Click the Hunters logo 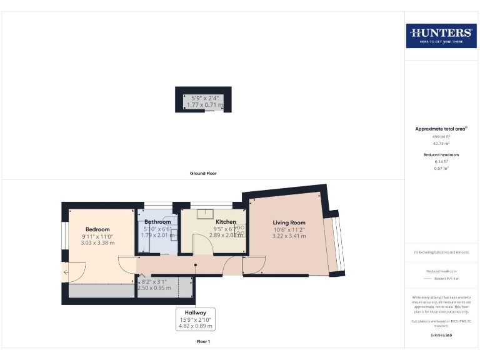coord(441,35)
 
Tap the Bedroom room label coord(97,229)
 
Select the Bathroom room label coord(157,222)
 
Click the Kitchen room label coord(226,222)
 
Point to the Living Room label coord(289,222)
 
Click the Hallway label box coord(195,319)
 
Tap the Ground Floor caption coord(203,173)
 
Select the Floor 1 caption coord(203,342)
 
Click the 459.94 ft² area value coord(441,136)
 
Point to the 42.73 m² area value coord(441,143)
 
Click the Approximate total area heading coord(441,129)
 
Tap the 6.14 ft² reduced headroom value coord(441,161)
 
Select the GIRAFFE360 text coord(441,336)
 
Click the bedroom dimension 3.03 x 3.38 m coord(97,244)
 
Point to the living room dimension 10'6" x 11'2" coord(289,229)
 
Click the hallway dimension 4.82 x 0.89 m coord(195,326)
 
